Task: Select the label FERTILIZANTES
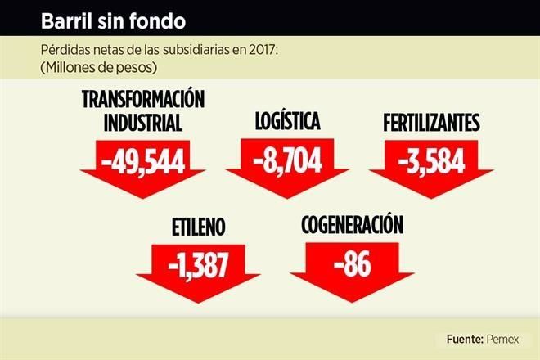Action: [431, 124]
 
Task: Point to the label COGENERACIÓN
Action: [353, 223]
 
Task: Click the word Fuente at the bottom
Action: [463, 339]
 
